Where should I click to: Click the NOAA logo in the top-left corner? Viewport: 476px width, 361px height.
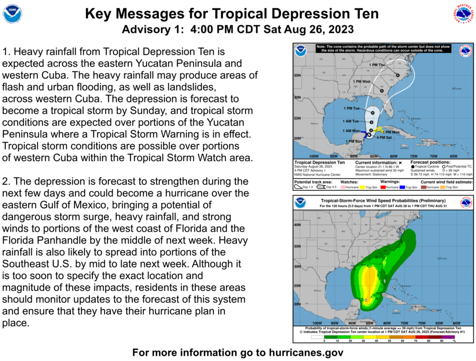coord(13,13)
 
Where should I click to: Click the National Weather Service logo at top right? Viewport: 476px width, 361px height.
coord(463,13)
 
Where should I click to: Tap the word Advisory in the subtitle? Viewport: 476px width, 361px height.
coord(144,29)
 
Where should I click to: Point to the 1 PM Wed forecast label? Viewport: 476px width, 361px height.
coord(362,82)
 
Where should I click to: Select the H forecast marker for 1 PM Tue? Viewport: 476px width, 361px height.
coord(373,112)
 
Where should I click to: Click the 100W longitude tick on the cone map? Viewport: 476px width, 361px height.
coord(314,156)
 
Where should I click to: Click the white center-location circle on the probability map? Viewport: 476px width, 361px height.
coord(366,300)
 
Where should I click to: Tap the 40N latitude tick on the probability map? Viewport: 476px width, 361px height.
coord(298,224)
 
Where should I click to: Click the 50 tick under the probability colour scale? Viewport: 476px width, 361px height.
coord(389,341)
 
